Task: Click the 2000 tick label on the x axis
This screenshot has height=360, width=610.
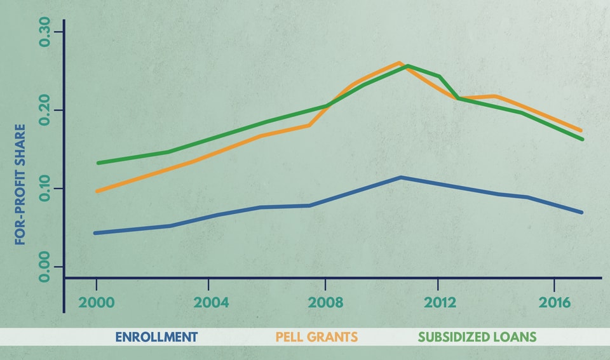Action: click(96, 302)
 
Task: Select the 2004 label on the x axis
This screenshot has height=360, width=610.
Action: click(211, 302)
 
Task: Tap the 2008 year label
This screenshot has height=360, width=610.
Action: click(325, 302)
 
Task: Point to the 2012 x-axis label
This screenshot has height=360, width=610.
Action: click(440, 302)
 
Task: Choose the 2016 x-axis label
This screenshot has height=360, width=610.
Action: click(555, 302)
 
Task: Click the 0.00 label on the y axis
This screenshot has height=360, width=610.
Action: click(44, 267)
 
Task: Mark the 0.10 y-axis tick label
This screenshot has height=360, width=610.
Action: click(44, 189)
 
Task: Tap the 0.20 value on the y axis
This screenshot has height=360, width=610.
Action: click(44, 110)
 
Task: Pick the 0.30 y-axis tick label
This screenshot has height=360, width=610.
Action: click(44, 32)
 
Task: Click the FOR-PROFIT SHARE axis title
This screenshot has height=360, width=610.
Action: click(20, 184)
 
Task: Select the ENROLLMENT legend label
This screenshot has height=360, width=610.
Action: click(156, 337)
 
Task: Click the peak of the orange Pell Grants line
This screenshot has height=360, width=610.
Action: click(399, 62)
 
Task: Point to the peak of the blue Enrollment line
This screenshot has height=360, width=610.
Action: click(401, 177)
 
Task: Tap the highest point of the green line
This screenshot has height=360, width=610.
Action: click(407, 65)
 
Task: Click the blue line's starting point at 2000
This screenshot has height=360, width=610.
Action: click(95, 233)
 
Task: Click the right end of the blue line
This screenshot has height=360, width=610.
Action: click(581, 212)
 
